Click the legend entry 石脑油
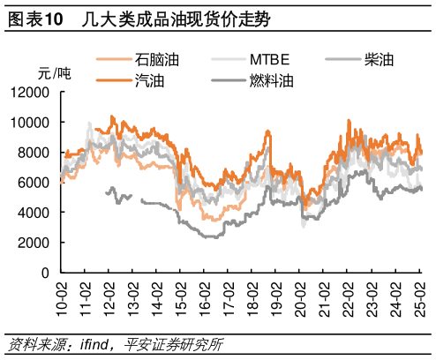tap(157, 60)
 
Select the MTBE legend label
tap(269, 60)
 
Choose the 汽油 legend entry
tap(148, 81)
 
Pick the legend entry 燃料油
tap(271, 81)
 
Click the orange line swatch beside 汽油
tap(114, 81)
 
